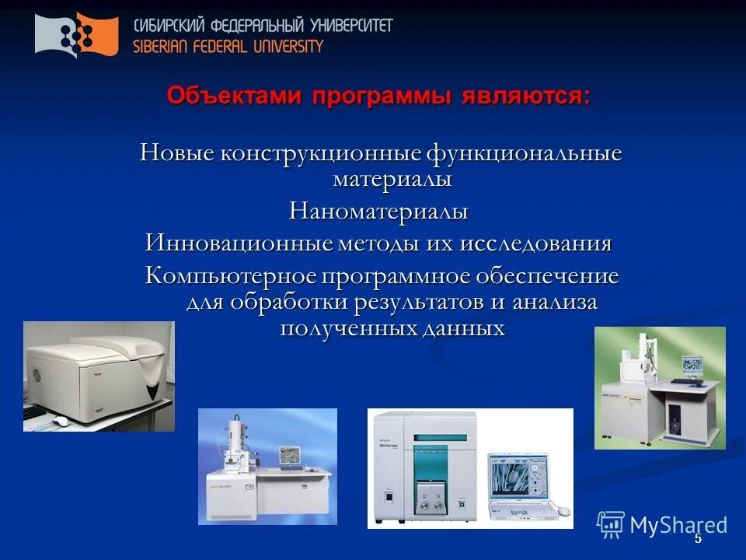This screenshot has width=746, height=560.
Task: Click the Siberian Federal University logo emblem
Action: (77, 35)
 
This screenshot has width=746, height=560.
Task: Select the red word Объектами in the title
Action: (235, 96)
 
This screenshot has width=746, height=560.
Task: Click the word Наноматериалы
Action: (379, 211)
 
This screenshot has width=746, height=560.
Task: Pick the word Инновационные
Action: (239, 243)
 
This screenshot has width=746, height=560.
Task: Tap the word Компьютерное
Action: (232, 276)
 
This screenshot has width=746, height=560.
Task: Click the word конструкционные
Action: (320, 152)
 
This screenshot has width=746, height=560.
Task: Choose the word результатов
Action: (414, 302)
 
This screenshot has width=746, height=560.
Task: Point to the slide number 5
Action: (697, 538)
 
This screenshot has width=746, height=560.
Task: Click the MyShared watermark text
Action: (678, 525)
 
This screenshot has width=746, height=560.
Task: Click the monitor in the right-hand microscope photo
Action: (693, 365)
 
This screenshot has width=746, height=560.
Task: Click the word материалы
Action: (392, 179)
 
